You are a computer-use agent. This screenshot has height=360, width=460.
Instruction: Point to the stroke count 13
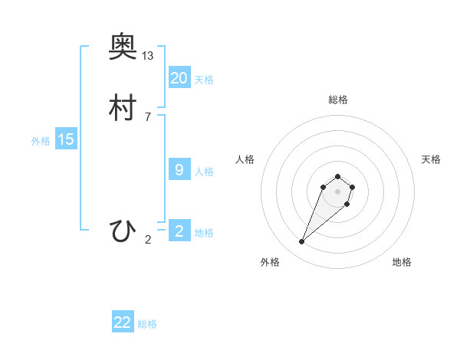coord(148,56)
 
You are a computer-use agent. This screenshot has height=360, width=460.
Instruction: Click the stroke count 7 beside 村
coord(148,116)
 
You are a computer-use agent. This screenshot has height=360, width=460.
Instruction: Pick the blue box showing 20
coord(179,77)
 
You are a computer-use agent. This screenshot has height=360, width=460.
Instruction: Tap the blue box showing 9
coord(179,170)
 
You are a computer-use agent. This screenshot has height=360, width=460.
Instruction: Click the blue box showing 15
coord(66,139)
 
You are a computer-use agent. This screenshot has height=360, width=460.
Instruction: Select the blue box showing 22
coord(123,322)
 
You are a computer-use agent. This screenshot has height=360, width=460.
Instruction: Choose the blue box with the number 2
coord(179,231)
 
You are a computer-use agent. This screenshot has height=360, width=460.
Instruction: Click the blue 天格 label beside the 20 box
coord(204,80)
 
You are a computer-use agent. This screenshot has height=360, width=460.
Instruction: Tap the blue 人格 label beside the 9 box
coord(204,172)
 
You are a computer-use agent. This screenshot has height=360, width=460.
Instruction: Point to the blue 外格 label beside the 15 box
coord(40,141)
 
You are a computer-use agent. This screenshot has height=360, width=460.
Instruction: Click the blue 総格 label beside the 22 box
coord(147,324)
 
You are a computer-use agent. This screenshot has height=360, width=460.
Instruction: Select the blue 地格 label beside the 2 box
coord(204,233)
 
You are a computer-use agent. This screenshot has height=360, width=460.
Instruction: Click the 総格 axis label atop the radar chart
coord(338,100)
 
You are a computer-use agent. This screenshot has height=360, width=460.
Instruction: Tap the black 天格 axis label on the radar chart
coord(431,159)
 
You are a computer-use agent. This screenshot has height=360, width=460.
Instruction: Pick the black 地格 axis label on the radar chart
coord(402,262)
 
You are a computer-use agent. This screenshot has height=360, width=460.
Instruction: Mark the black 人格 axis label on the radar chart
coord(245,159)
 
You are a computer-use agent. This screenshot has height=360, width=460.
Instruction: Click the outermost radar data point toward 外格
coord(302,242)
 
